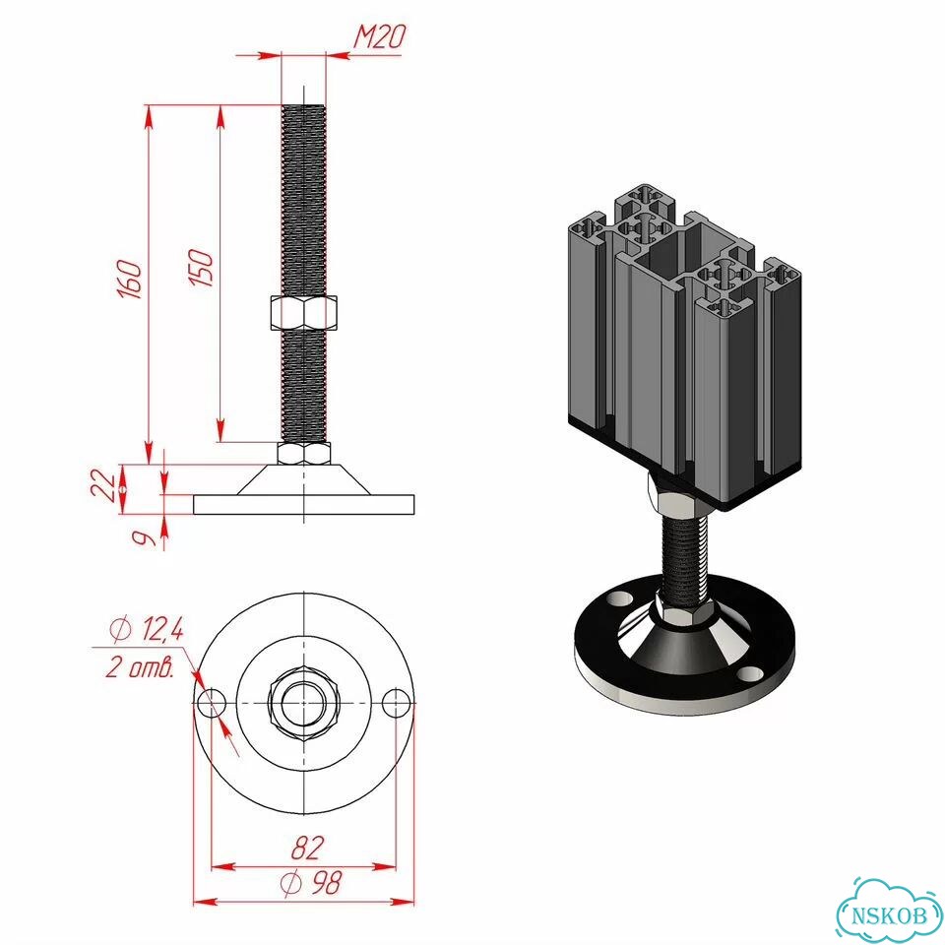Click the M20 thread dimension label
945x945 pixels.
pyautogui.click(x=378, y=36)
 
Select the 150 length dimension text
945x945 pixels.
pyautogui.click(x=201, y=268)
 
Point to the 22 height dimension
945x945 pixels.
pyautogui.click(x=104, y=485)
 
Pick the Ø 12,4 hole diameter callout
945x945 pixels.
pyautogui.click(x=147, y=629)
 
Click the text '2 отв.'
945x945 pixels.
pyautogui.click(x=140, y=667)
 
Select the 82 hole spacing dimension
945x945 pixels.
pyautogui.click(x=307, y=848)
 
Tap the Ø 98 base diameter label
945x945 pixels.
pyautogui.click(x=311, y=883)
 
